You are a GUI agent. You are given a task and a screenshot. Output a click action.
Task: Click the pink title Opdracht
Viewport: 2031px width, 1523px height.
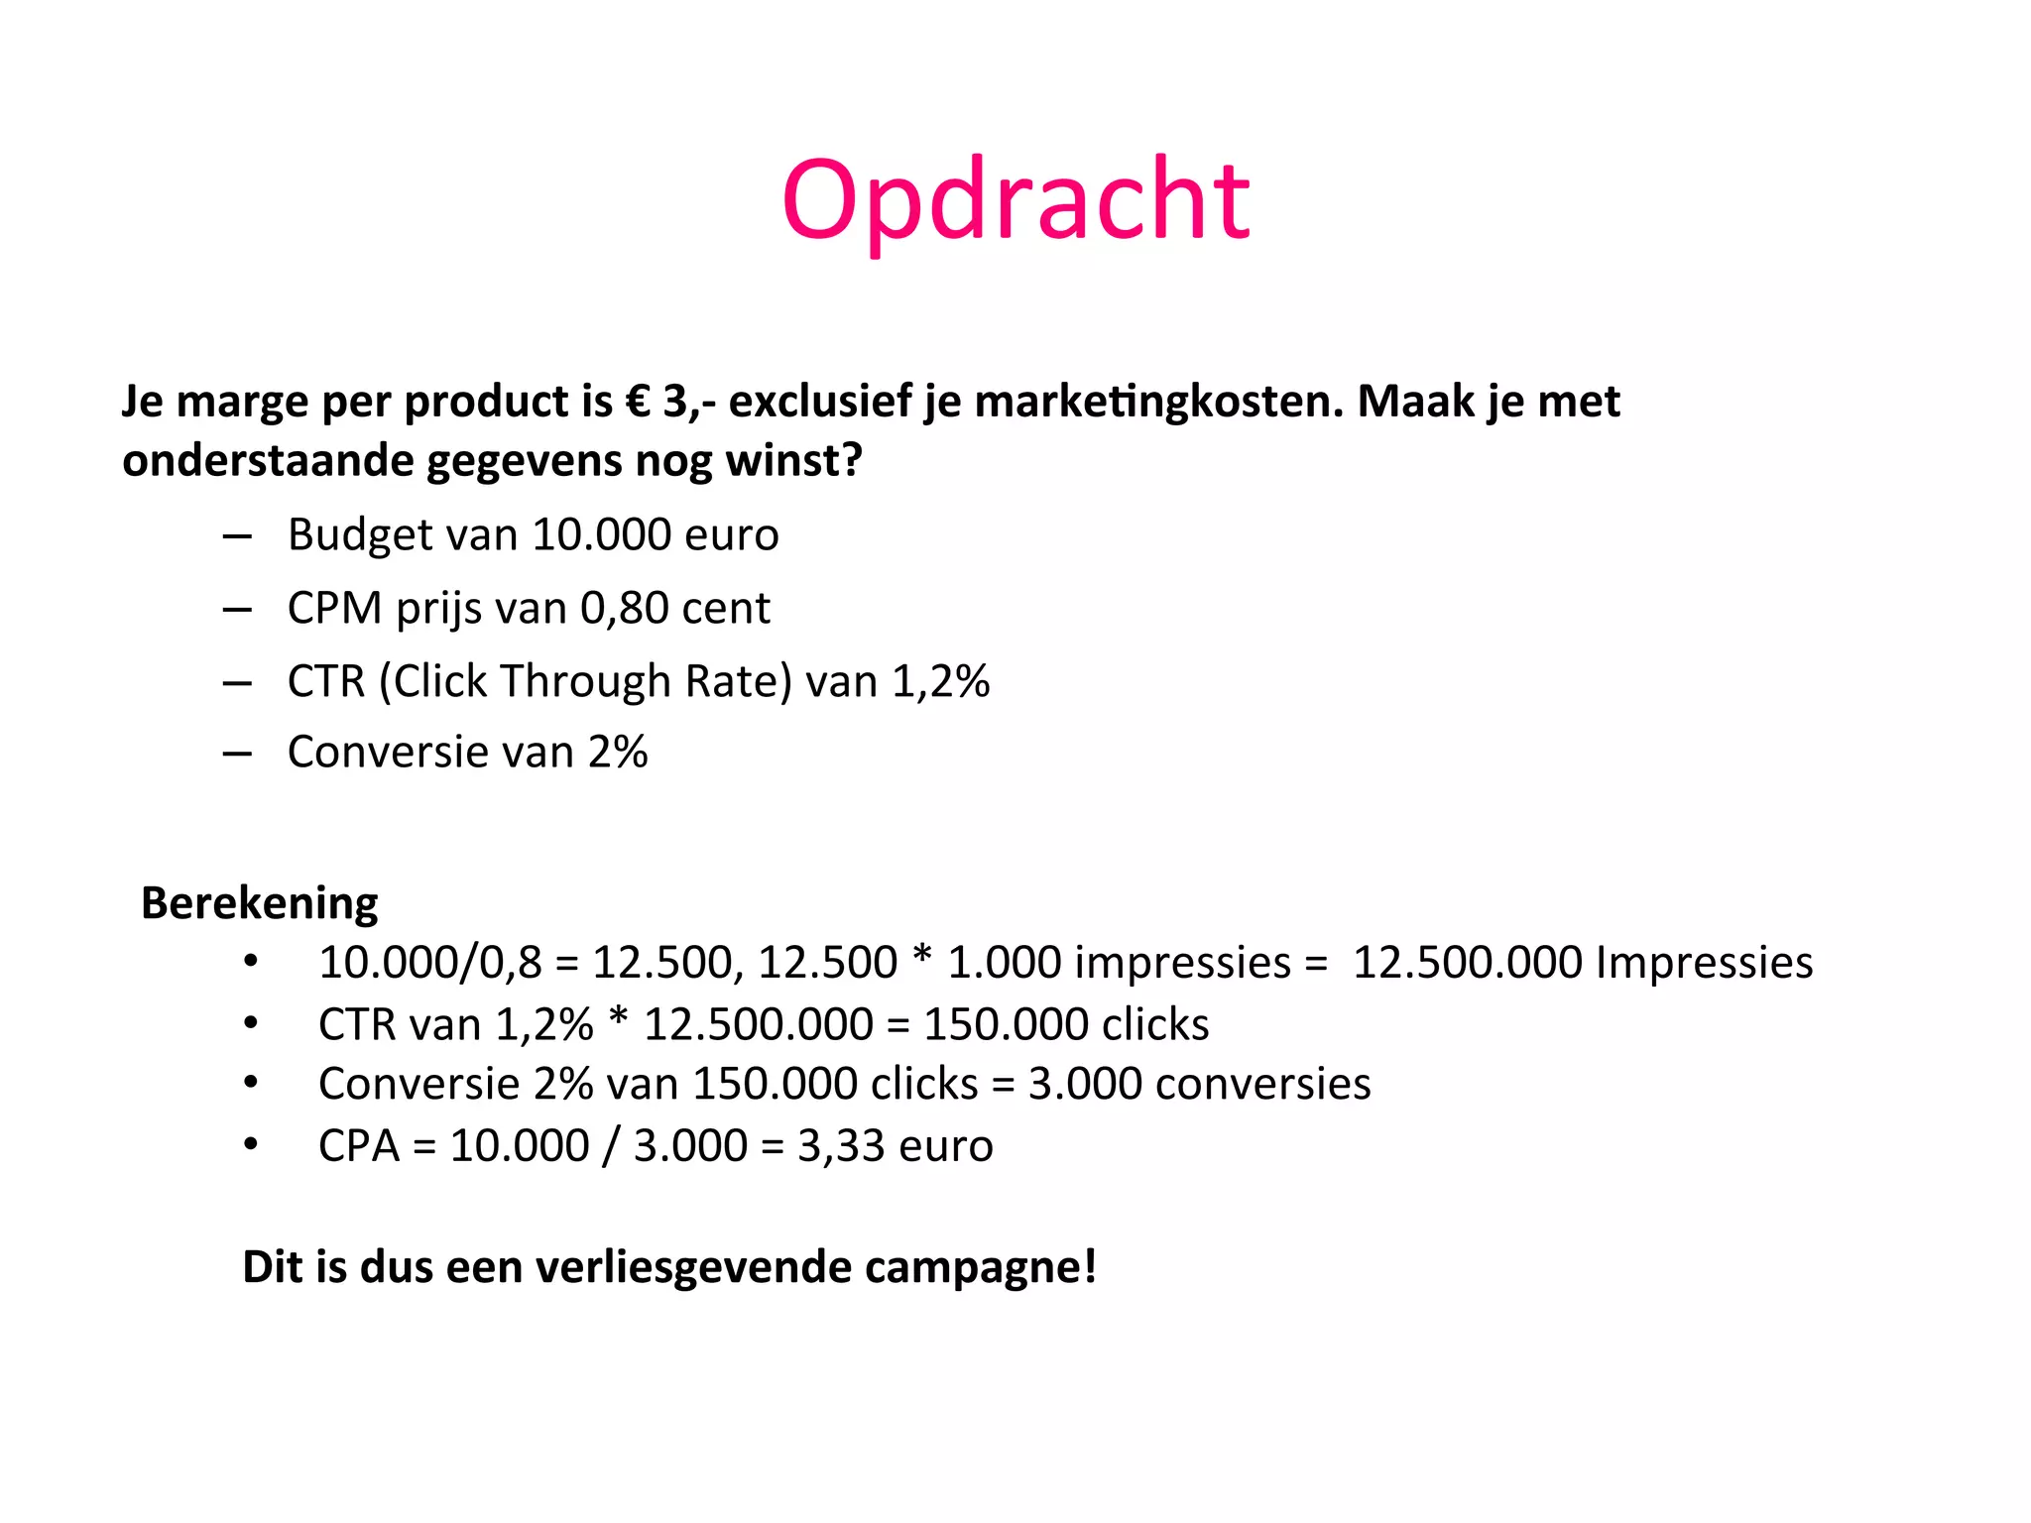1015,202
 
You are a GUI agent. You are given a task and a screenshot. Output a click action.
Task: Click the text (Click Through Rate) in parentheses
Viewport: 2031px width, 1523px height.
585,682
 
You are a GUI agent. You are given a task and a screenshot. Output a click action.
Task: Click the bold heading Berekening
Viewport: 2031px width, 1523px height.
260,903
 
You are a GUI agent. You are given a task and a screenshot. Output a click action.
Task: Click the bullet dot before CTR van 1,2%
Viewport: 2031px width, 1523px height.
251,1023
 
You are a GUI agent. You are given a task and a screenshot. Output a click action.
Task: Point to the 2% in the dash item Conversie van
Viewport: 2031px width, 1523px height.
618,753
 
